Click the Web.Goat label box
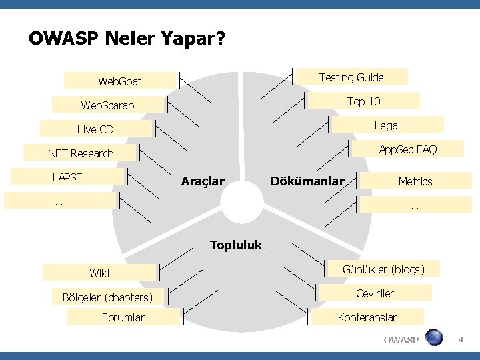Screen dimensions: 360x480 click(120, 81)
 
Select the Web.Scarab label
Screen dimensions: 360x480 click(108, 105)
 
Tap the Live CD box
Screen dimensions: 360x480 click(95, 129)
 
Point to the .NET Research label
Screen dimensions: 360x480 click(79, 153)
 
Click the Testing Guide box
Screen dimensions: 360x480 click(351, 77)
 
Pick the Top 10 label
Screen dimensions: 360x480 click(364, 101)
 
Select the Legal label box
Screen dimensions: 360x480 click(387, 125)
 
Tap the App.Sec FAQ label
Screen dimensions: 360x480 click(408, 149)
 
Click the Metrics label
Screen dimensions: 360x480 click(415, 181)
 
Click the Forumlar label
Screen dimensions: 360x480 click(123, 317)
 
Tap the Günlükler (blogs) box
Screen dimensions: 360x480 click(383, 269)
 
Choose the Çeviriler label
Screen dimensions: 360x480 click(375, 293)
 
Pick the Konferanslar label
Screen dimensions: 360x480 click(367, 317)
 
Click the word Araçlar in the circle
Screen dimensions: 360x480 click(203, 181)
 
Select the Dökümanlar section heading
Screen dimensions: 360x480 click(307, 181)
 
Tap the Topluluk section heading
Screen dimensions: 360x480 click(236, 245)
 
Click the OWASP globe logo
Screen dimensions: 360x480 click(434, 337)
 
